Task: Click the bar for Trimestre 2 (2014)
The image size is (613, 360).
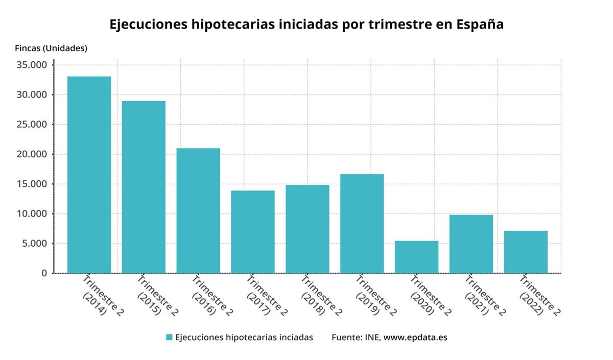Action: click(89, 175)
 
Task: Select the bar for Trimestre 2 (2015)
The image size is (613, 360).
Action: click(144, 187)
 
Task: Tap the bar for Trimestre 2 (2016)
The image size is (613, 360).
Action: click(198, 210)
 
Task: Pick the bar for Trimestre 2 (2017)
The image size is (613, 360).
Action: click(253, 232)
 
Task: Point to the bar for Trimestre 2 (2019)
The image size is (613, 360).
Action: click(362, 224)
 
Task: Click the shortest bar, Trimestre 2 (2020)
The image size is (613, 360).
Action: click(416, 257)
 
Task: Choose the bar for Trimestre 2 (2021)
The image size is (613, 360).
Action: click(471, 244)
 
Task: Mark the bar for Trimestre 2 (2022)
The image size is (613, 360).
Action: click(526, 252)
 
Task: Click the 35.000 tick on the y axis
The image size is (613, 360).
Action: click(32, 65)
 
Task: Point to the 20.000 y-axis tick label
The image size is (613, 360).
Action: click(32, 154)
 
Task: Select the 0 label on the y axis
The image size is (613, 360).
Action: click(44, 273)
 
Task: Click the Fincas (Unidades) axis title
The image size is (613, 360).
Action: click(51, 49)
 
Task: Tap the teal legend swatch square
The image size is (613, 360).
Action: click(169, 337)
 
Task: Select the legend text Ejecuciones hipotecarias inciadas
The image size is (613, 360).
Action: click(244, 337)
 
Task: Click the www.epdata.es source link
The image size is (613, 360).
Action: click(415, 337)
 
